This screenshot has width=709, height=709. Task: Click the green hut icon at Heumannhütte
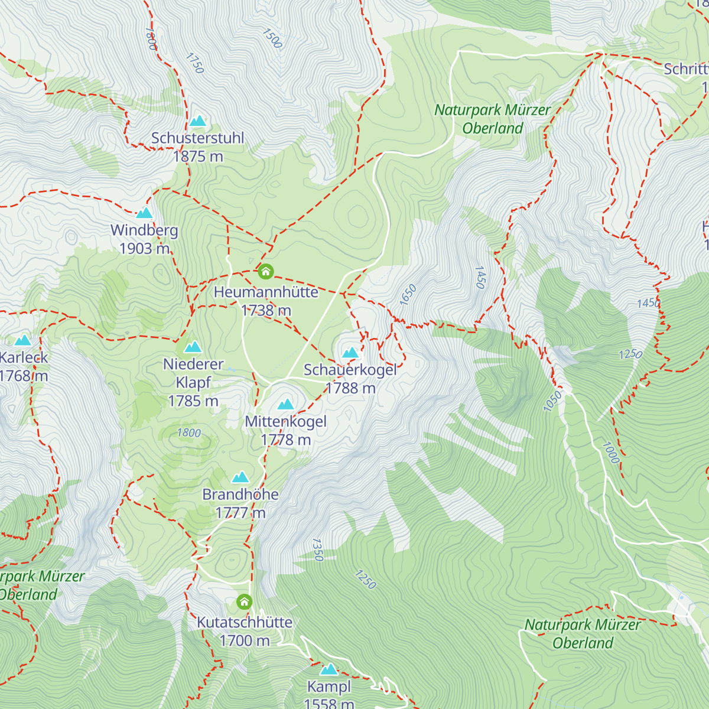pyautogui.click(x=266, y=272)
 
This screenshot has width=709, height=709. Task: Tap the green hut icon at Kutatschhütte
pyautogui.click(x=245, y=602)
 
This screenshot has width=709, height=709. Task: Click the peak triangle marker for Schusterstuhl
pyautogui.click(x=198, y=121)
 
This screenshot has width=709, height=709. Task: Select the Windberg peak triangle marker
pyautogui.click(x=145, y=213)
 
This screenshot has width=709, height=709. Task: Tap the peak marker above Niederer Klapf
pyautogui.click(x=193, y=347)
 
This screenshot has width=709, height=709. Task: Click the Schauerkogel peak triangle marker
pyautogui.click(x=351, y=353)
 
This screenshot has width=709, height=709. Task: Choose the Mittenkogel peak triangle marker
pyautogui.click(x=286, y=404)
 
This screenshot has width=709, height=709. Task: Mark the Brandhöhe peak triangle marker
pyautogui.click(x=240, y=477)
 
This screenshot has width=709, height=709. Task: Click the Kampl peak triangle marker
pyautogui.click(x=329, y=669)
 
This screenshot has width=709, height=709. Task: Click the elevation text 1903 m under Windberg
pyautogui.click(x=145, y=249)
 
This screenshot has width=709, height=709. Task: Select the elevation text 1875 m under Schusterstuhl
pyautogui.click(x=198, y=157)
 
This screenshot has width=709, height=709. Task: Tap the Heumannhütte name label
pyautogui.click(x=266, y=292)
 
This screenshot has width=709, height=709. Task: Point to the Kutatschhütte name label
pyautogui.click(x=245, y=622)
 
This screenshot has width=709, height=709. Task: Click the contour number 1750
pyautogui.click(x=194, y=63)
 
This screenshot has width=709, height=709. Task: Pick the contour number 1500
pyautogui.click(x=272, y=38)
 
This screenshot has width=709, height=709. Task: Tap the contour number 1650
pyautogui.click(x=408, y=295)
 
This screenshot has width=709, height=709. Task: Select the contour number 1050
pyautogui.click(x=552, y=402)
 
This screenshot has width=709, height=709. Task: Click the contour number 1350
pyautogui.click(x=317, y=549)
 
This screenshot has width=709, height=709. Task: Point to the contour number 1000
pyautogui.click(x=610, y=453)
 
